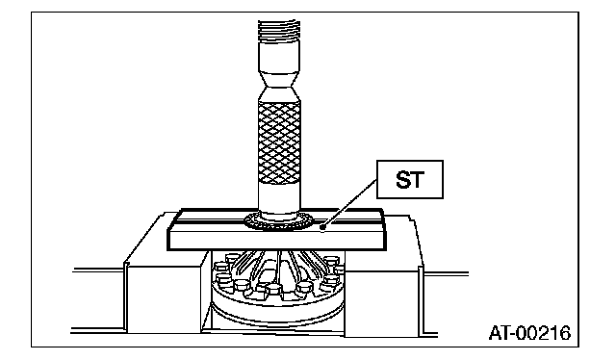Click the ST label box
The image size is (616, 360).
410,179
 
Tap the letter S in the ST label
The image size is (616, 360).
402,180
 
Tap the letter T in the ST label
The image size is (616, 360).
417,180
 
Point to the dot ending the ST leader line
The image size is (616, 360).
323,227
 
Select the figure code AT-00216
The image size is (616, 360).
529,333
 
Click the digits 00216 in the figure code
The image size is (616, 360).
543,333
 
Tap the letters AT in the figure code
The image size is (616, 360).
499,333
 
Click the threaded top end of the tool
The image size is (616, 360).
279,32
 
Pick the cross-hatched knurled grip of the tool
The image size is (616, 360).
279,141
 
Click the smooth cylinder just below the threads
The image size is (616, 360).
279,57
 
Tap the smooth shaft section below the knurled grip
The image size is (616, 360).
279,196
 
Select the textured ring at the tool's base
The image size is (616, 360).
279,222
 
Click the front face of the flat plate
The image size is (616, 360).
277,240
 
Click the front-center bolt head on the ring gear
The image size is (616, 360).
273,290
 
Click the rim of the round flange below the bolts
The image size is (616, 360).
277,313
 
